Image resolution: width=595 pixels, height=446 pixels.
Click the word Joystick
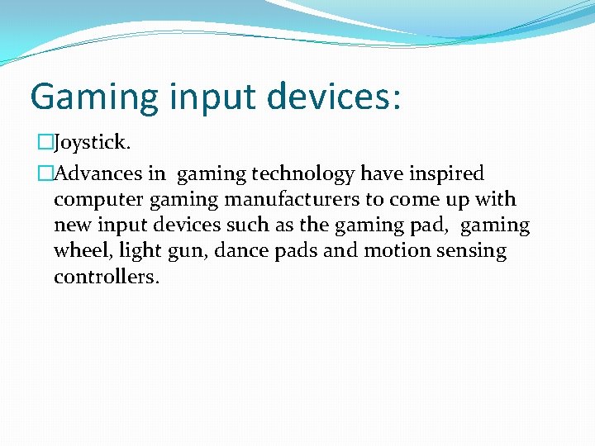coord(92,144)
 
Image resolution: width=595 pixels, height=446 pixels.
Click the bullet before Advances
coord(45,174)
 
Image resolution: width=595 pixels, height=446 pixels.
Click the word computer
coord(93,200)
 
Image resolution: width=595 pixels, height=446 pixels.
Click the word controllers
coord(106,276)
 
